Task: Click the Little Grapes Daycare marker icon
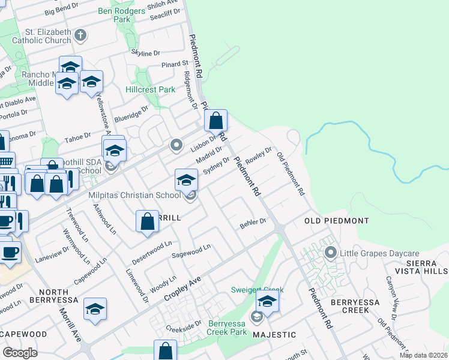(x=330, y=253)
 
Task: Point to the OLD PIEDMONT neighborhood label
(x=330, y=220)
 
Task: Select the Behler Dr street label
(x=253, y=222)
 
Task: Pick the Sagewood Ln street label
(x=191, y=250)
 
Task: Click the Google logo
(x=20, y=353)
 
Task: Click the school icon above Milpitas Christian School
(x=186, y=179)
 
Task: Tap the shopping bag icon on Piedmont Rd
(x=215, y=120)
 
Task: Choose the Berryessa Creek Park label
(x=227, y=328)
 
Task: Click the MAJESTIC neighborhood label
(x=274, y=334)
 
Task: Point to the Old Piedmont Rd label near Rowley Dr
(x=291, y=174)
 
